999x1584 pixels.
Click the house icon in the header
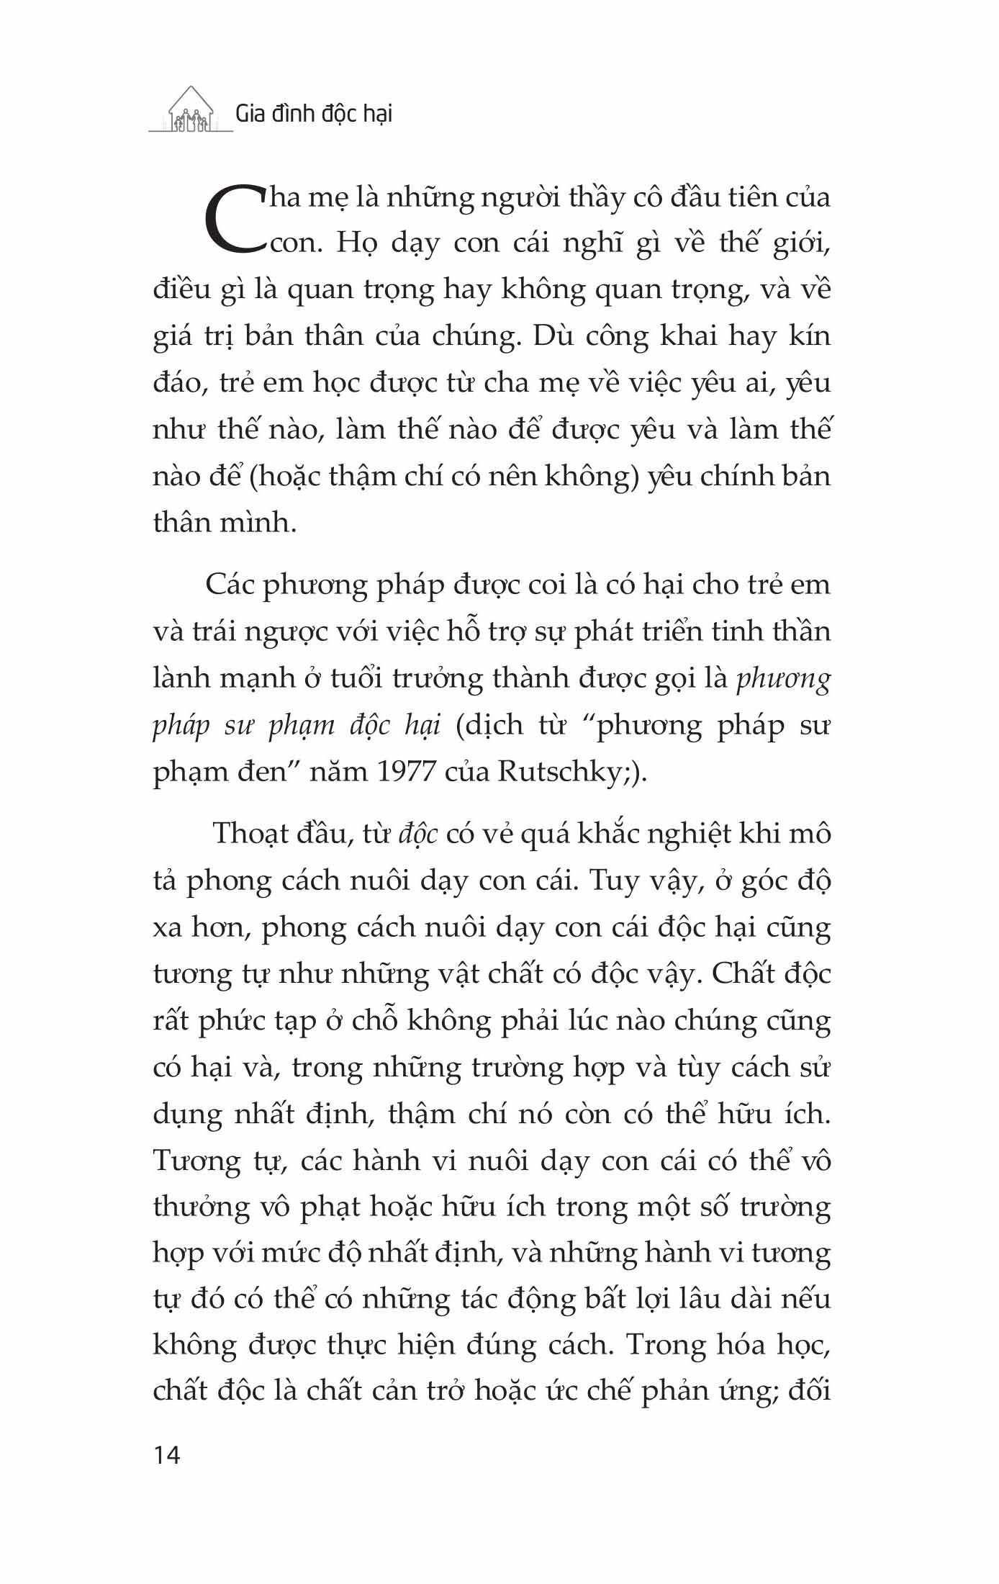coord(191,111)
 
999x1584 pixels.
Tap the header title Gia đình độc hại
coord(314,114)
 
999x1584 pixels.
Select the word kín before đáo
coord(810,336)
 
